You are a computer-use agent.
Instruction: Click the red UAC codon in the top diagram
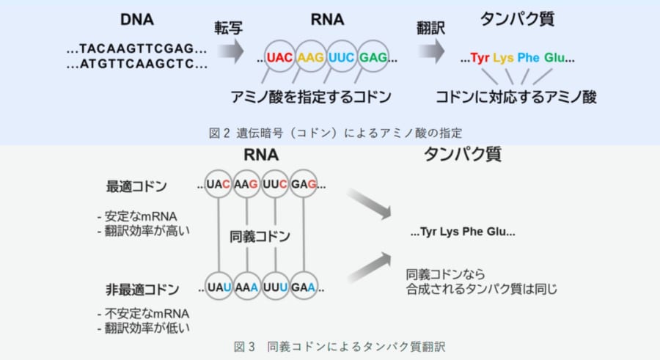(x=280, y=56)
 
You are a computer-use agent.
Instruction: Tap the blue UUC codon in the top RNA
(x=342, y=56)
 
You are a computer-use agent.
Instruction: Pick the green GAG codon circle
(x=373, y=56)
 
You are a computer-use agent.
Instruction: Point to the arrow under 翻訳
(x=431, y=51)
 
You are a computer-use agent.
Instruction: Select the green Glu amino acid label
(x=555, y=57)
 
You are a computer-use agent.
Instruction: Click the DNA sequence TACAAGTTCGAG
(x=136, y=49)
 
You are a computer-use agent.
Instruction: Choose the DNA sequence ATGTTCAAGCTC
(x=136, y=65)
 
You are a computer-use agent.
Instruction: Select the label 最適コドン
(x=136, y=188)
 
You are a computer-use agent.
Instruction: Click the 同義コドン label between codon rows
(x=261, y=236)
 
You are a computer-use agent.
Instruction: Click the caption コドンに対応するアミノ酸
(x=516, y=97)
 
